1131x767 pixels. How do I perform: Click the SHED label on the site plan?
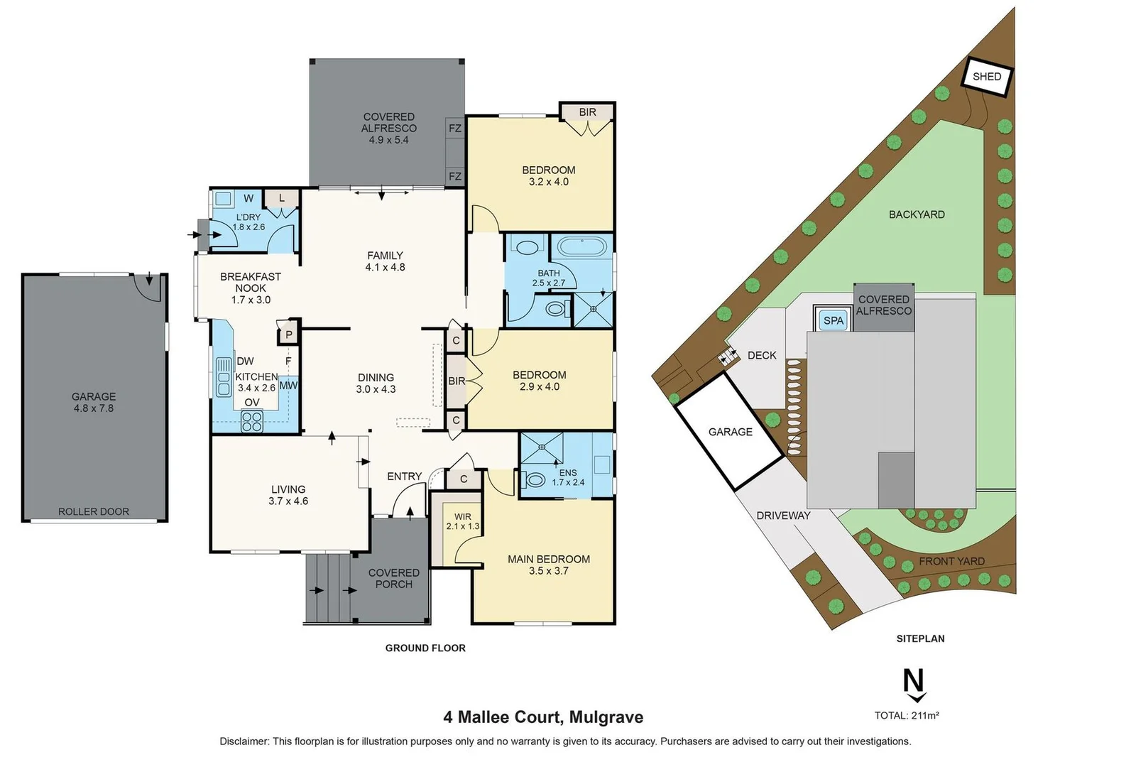987,76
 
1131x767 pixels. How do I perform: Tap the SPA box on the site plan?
833,320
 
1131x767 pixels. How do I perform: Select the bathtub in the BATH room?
581,247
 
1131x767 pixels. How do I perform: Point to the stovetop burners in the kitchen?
251,422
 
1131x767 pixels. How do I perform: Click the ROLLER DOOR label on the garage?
94,511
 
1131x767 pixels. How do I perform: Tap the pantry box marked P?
289,334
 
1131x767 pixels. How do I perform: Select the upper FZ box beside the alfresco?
455,129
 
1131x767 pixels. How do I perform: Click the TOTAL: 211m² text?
907,715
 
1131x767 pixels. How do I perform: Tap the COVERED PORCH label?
393,578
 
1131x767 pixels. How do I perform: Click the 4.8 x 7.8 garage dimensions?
94,408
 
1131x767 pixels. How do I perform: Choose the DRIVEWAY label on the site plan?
783,516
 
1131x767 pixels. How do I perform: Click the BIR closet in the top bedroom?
587,112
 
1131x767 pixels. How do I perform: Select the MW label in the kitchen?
288,386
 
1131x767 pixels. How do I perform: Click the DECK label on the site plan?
762,355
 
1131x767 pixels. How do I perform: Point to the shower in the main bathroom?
593,310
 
